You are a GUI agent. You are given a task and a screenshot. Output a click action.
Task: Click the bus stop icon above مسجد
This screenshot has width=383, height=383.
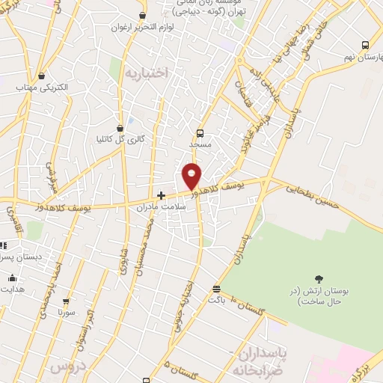click(199, 133)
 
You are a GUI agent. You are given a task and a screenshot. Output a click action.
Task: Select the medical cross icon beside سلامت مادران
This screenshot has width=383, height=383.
click(160, 195)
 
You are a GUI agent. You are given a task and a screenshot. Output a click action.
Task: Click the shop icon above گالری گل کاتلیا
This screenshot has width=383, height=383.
click(120, 128)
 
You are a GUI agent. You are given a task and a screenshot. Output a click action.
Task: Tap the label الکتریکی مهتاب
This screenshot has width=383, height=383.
click(42, 88)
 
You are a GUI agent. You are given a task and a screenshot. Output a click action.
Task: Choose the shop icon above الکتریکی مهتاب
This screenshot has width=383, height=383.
click(40, 76)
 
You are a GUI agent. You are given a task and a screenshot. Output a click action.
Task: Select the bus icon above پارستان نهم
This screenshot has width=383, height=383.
click(365, 45)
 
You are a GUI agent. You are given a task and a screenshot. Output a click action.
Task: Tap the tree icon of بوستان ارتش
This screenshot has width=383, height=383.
click(319, 279)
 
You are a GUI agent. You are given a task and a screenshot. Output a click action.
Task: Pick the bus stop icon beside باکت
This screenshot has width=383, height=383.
click(216, 289)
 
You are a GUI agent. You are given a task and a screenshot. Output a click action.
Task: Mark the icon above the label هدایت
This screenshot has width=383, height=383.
click(12, 279)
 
